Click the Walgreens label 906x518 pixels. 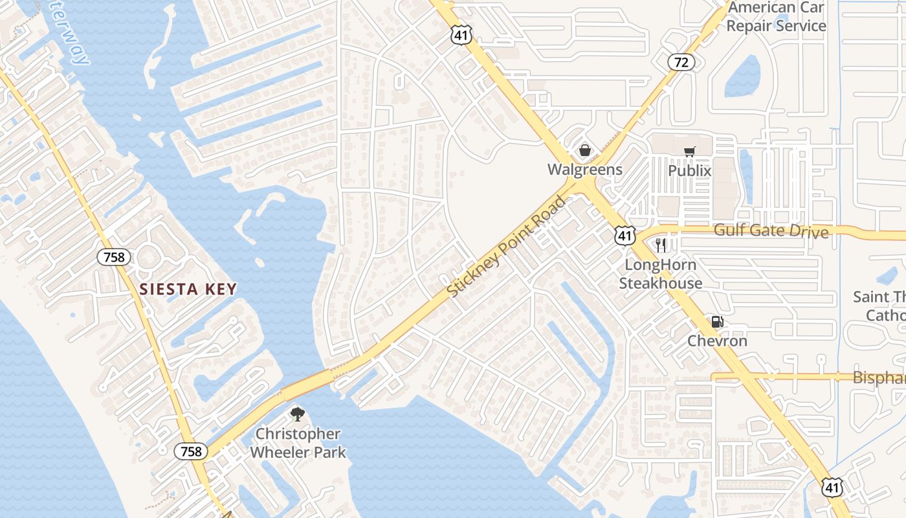click(x=584, y=170)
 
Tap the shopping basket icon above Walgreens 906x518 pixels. click(x=585, y=150)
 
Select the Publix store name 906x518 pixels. click(x=689, y=171)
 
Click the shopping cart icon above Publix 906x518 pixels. click(x=690, y=152)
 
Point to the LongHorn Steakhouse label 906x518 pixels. click(x=660, y=274)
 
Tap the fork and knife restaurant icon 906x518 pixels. click(x=660, y=245)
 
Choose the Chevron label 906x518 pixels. click(x=717, y=341)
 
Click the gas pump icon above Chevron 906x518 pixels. click(x=717, y=322)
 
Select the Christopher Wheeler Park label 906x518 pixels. click(x=298, y=443)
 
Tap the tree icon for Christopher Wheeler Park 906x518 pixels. click(x=297, y=414)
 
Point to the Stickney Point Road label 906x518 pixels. click(x=506, y=247)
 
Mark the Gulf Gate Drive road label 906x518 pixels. click(x=771, y=231)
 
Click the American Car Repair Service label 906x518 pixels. click(x=776, y=17)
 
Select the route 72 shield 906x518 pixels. click(x=681, y=62)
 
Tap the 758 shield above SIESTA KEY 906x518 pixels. click(x=114, y=257)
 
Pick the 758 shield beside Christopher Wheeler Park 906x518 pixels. click(x=191, y=451)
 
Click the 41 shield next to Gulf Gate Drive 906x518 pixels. click(x=625, y=236)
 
